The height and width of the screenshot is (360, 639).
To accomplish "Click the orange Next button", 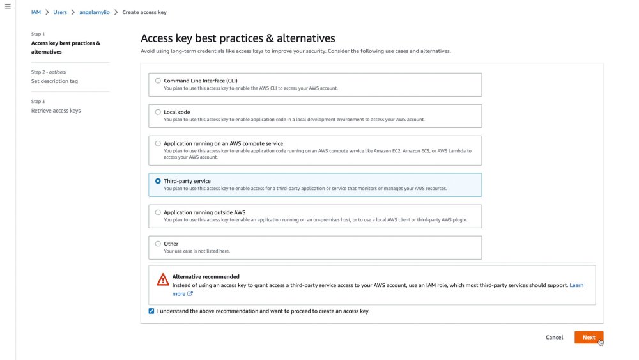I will [589, 337].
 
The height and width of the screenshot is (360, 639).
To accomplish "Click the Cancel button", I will [554, 337].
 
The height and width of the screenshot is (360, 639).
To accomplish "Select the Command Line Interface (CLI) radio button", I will [158, 81].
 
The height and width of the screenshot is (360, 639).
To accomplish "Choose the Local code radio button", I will [158, 112].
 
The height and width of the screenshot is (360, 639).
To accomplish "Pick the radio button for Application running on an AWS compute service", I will [158, 143].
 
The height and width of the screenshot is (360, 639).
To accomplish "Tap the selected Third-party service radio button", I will [158, 181].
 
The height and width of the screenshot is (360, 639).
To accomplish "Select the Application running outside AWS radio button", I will [158, 212].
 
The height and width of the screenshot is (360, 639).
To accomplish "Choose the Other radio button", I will [158, 244].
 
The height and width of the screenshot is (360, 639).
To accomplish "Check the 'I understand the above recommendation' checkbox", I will [151, 311].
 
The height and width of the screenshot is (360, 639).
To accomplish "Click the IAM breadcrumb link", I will [36, 12].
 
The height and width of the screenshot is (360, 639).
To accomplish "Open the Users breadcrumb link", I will [60, 12].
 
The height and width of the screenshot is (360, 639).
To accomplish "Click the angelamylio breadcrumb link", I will [95, 12].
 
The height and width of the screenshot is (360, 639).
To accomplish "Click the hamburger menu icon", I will [8, 6].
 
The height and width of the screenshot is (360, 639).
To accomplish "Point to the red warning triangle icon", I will [163, 279].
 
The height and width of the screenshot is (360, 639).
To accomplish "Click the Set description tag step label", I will [54, 81].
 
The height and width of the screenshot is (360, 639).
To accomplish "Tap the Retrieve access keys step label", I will [56, 111].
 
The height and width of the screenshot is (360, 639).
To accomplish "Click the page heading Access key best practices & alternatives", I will [238, 38].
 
